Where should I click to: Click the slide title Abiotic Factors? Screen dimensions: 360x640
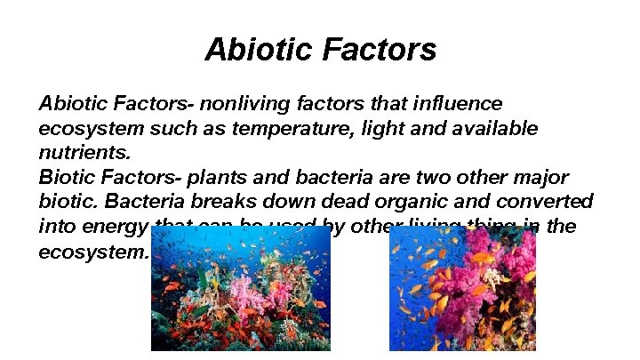pos(320,49)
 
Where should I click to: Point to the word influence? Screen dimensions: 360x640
pos(460,104)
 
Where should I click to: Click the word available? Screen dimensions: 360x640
pos(492,128)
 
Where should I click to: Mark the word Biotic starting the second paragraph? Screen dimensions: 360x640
pos(65,177)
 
